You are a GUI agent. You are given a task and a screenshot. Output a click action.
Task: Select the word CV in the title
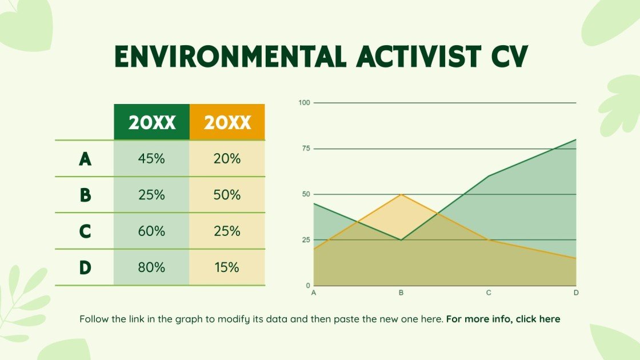(508, 56)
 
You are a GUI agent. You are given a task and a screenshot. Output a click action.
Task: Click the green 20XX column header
(151, 122)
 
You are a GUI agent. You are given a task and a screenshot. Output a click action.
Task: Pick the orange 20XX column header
(227, 122)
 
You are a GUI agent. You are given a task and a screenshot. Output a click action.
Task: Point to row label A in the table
(85, 159)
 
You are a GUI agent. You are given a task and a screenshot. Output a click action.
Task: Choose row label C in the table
(85, 231)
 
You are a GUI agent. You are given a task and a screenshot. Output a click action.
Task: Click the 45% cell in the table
(151, 159)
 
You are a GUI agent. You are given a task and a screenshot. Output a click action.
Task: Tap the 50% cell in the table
(227, 195)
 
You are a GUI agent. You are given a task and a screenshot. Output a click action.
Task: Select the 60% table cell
(151, 231)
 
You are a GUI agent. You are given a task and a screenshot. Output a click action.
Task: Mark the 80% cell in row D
(151, 267)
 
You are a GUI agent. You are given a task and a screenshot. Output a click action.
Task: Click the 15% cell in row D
(227, 267)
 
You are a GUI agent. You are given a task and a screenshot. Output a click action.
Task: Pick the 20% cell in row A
(227, 159)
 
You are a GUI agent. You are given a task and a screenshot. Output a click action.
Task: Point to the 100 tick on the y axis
(303, 103)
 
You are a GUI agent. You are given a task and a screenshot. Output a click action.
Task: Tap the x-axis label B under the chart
(401, 293)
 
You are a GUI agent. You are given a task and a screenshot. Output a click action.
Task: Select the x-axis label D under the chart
(576, 293)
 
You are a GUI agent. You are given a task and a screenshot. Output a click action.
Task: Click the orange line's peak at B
(401, 194)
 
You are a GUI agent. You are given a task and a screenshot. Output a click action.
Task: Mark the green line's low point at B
(401, 240)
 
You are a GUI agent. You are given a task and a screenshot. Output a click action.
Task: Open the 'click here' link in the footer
(538, 319)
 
